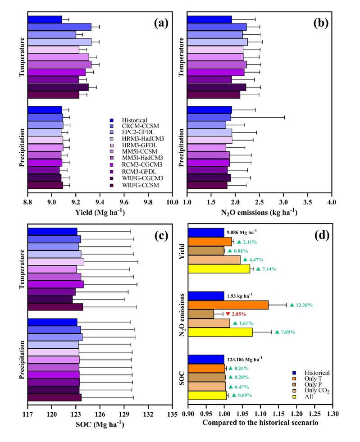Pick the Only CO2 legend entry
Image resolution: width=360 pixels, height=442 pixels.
[310, 389]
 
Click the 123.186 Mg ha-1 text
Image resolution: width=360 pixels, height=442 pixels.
[246, 359]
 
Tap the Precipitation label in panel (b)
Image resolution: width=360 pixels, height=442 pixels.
[182, 149]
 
